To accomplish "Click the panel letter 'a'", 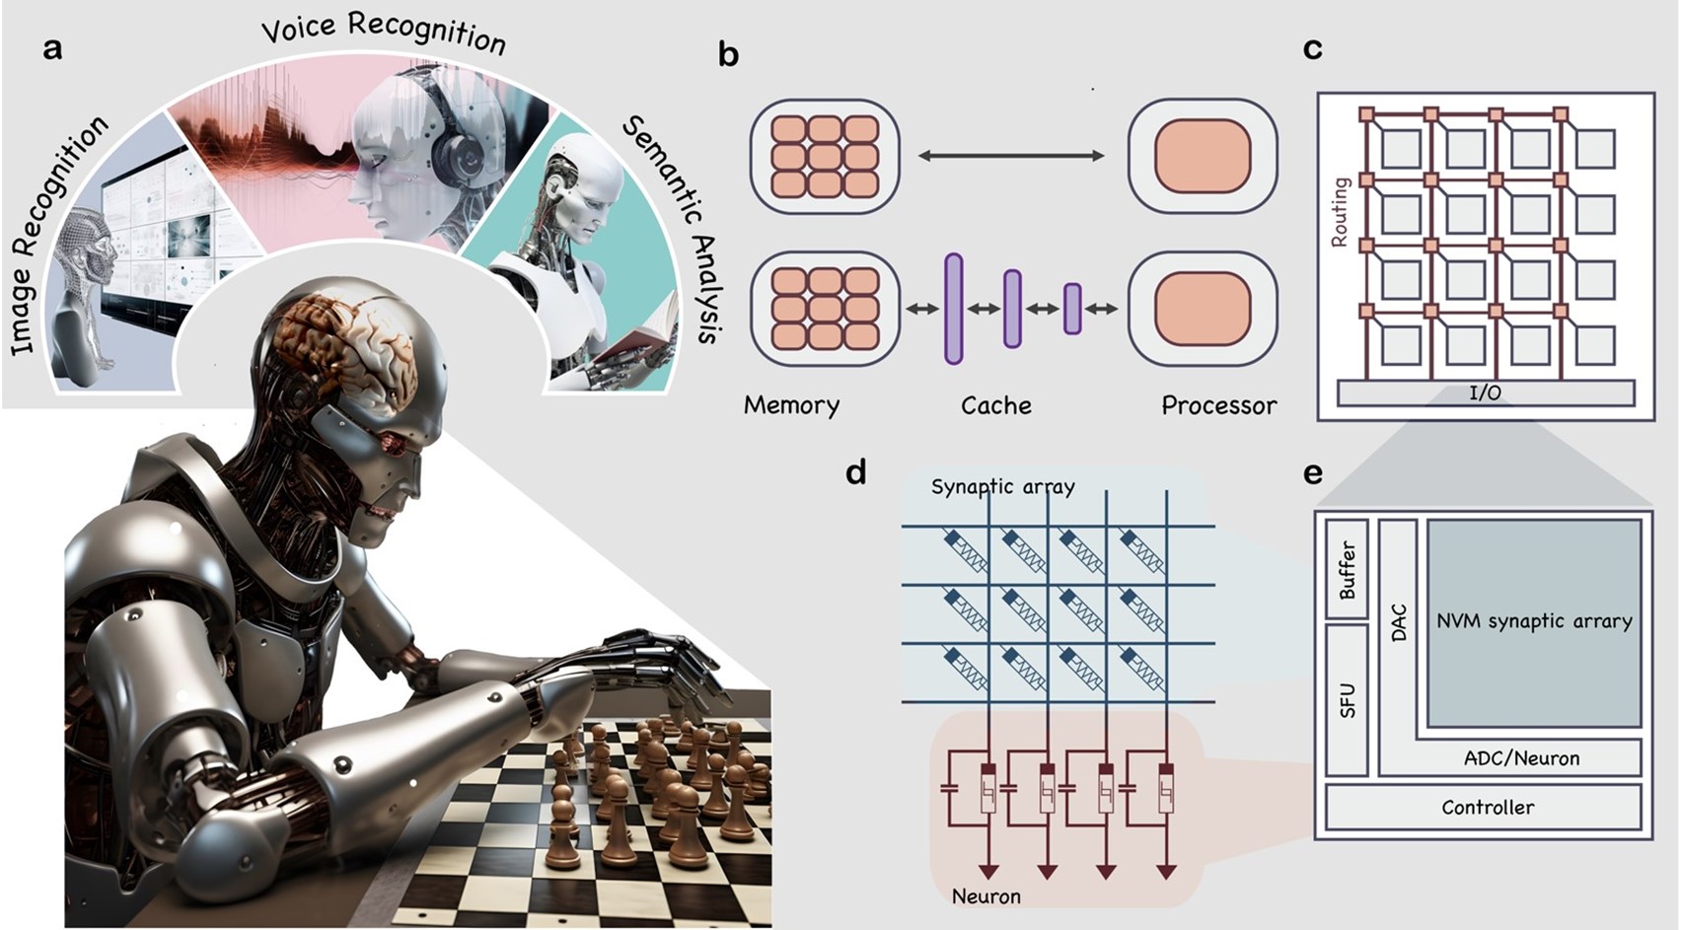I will (52, 48).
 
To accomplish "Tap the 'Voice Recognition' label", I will (384, 32).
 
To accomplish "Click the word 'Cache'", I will (996, 405).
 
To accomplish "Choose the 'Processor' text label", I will (1218, 405).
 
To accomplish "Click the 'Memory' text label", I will (791, 405).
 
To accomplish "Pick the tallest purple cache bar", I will (953, 309).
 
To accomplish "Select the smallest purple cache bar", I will (1072, 309).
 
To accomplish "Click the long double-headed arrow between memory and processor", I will (1011, 155).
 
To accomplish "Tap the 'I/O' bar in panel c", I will (1485, 393).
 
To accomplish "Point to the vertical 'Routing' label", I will (1340, 211).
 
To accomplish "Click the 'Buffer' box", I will (1347, 569).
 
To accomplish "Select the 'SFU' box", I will (1347, 699).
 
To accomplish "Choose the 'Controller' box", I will (1487, 807).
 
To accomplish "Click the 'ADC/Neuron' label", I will (1521, 758).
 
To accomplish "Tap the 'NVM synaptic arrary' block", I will (1534, 622).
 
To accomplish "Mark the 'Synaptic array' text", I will (1002, 487).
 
